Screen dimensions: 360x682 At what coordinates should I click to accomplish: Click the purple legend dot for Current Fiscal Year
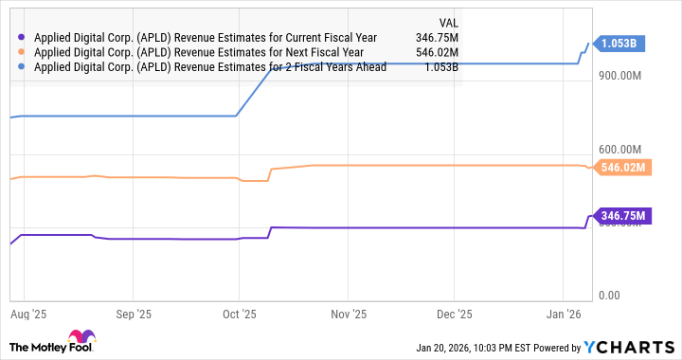(x=21, y=38)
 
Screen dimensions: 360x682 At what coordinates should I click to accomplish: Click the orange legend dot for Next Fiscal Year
(x=21, y=53)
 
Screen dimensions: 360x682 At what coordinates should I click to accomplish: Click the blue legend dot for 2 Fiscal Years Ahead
(x=21, y=68)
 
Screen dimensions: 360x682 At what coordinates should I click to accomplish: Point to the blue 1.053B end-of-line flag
(x=621, y=43)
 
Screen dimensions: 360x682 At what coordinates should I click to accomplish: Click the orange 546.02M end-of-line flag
(x=622, y=168)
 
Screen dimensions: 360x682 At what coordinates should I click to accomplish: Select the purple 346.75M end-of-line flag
(x=622, y=216)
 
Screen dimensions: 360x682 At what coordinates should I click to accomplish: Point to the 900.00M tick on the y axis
(x=622, y=76)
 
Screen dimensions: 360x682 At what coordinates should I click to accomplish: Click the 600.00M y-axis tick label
(x=622, y=149)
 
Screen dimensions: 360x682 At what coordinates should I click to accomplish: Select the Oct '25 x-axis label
(x=241, y=314)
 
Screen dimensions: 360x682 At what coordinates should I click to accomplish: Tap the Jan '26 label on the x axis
(x=565, y=314)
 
